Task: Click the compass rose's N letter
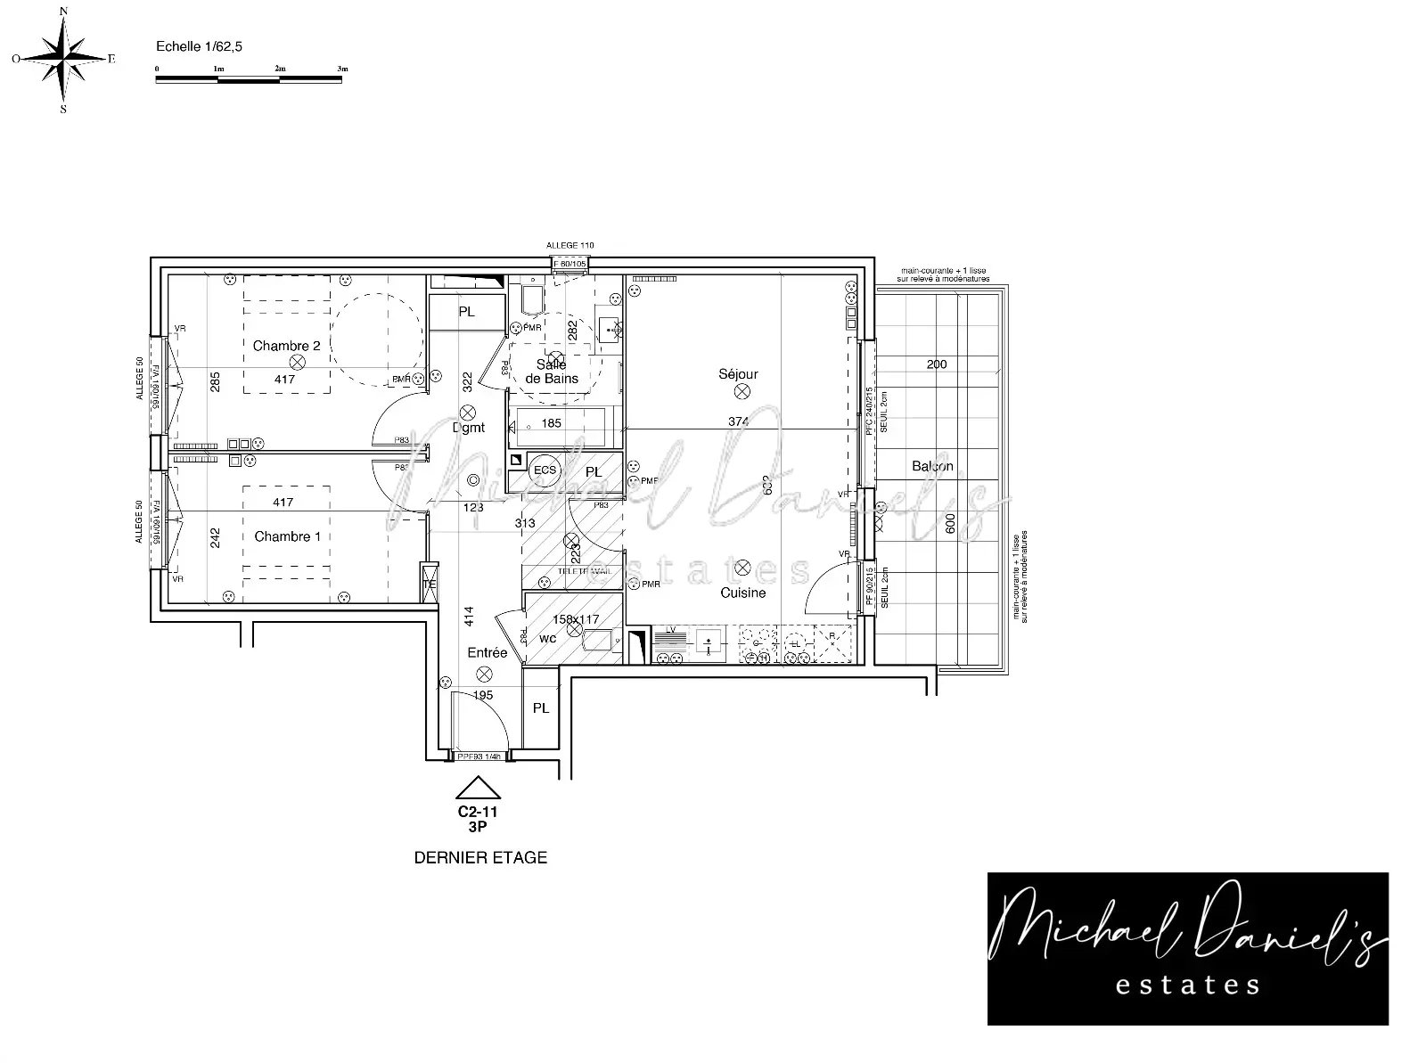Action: coord(63,11)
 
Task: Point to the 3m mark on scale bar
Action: coord(342,69)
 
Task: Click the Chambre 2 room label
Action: coord(286,346)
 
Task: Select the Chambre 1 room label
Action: coord(287,536)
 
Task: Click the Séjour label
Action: coord(738,374)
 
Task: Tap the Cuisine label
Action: coord(742,593)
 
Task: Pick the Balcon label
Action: coord(932,466)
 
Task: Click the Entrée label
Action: coord(488,652)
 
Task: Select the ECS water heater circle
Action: coord(544,470)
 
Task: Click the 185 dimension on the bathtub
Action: coord(552,423)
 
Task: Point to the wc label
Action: coord(548,638)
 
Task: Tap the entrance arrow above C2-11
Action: coord(478,788)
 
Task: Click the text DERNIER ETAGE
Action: coord(480,858)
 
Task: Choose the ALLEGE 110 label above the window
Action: coord(570,245)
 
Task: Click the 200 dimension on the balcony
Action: coord(937,364)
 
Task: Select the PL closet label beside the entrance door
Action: coord(541,708)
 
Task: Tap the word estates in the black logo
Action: coord(1187,984)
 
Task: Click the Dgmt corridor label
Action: coord(469,428)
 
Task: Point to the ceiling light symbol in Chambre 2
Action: coord(298,361)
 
